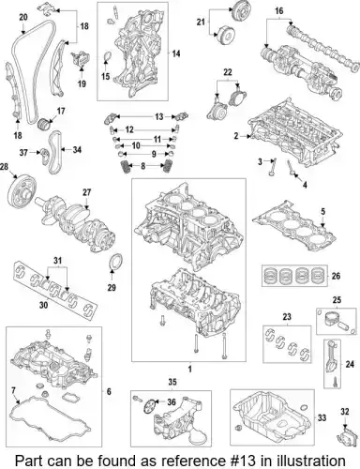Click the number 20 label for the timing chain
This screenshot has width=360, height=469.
pyautogui.click(x=23, y=17)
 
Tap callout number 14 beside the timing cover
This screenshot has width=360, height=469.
pyautogui.click(x=176, y=53)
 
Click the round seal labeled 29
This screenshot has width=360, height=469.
pyautogui.click(x=115, y=262)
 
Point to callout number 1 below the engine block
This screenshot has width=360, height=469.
pyautogui.click(x=189, y=370)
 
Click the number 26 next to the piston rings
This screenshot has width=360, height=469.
pyautogui.click(x=336, y=276)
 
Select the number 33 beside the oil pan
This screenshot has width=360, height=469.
pyautogui.click(x=322, y=417)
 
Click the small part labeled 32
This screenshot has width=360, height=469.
pyautogui.click(x=346, y=435)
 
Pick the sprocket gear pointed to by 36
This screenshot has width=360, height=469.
pyautogui.click(x=150, y=406)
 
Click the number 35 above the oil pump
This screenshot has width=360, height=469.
pyautogui.click(x=172, y=382)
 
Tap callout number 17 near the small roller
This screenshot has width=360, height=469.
pyautogui.click(x=61, y=111)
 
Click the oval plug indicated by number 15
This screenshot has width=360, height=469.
pyautogui.click(x=107, y=57)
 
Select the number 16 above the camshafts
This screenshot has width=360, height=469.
pyautogui.click(x=279, y=11)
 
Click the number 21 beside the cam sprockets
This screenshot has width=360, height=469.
pyautogui.click(x=201, y=22)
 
